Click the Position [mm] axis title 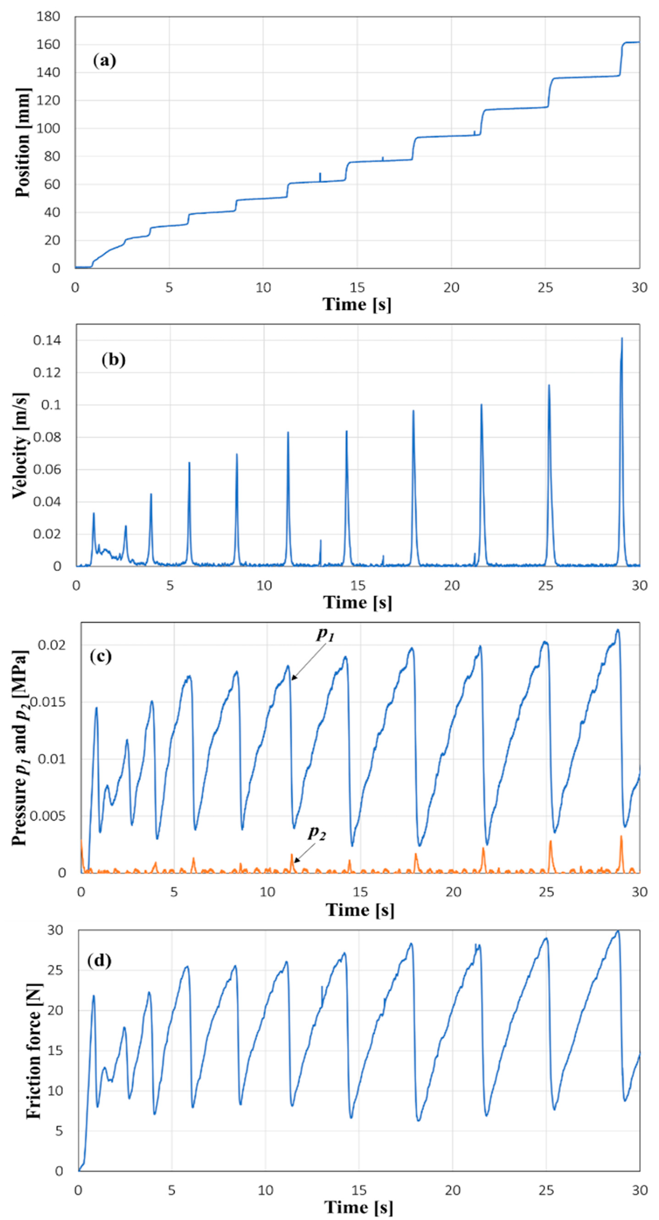tap(22, 142)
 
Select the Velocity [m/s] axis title tap(20, 445)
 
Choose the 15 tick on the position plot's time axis tap(357, 287)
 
